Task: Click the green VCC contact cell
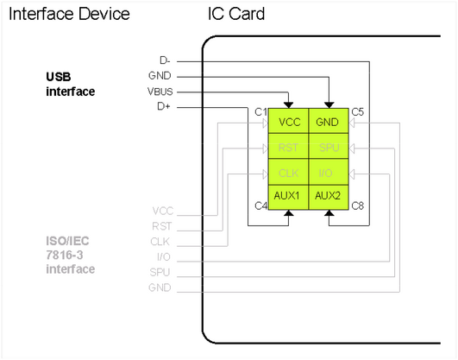pyautogui.click(x=290, y=123)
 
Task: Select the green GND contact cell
pyautogui.click(x=327, y=123)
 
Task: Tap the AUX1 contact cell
pyautogui.click(x=290, y=196)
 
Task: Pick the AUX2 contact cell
pyautogui.click(x=327, y=196)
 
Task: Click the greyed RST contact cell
pyautogui.click(x=290, y=148)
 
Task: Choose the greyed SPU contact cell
pyautogui.click(x=327, y=148)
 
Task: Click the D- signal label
pyautogui.click(x=164, y=60)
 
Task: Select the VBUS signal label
pyautogui.click(x=160, y=92)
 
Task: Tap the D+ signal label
pyautogui.click(x=164, y=107)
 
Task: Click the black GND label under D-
pyautogui.click(x=160, y=76)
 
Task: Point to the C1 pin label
pyautogui.click(x=260, y=112)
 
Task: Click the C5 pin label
pyautogui.click(x=357, y=112)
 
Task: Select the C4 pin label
pyautogui.click(x=260, y=205)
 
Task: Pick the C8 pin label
pyautogui.click(x=357, y=205)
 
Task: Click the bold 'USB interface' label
pyautogui.click(x=70, y=84)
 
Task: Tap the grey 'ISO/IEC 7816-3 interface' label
pyautogui.click(x=70, y=255)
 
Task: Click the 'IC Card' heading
pyautogui.click(x=235, y=14)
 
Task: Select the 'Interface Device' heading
pyautogui.click(x=69, y=14)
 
